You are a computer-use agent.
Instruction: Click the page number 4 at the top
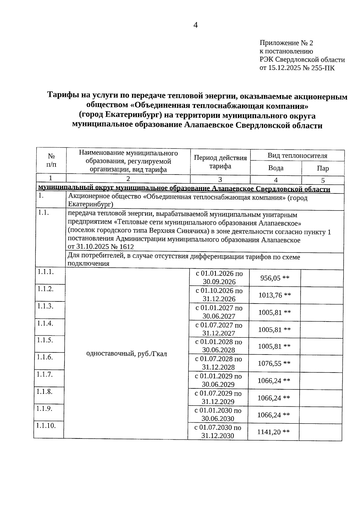pos(195,25)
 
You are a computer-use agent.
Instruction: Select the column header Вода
pos(276,168)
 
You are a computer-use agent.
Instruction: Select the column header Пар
pos(322,168)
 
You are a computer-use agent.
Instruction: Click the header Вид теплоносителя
pos(297,156)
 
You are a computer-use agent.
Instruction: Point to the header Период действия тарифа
pos(220,162)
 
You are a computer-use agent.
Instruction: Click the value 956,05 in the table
pos(270,278)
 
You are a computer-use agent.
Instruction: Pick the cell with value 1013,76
pos(270,295)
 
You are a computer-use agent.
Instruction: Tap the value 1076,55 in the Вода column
pos(269,364)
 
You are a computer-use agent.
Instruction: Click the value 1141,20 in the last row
pos(269,432)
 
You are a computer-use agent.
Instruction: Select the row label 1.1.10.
pos(46,425)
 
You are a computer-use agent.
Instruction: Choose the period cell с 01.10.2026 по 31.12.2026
pos(219,295)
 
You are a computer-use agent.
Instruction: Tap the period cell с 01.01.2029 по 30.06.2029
pos(218,380)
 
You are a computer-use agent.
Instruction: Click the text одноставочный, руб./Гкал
pos(126,354)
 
